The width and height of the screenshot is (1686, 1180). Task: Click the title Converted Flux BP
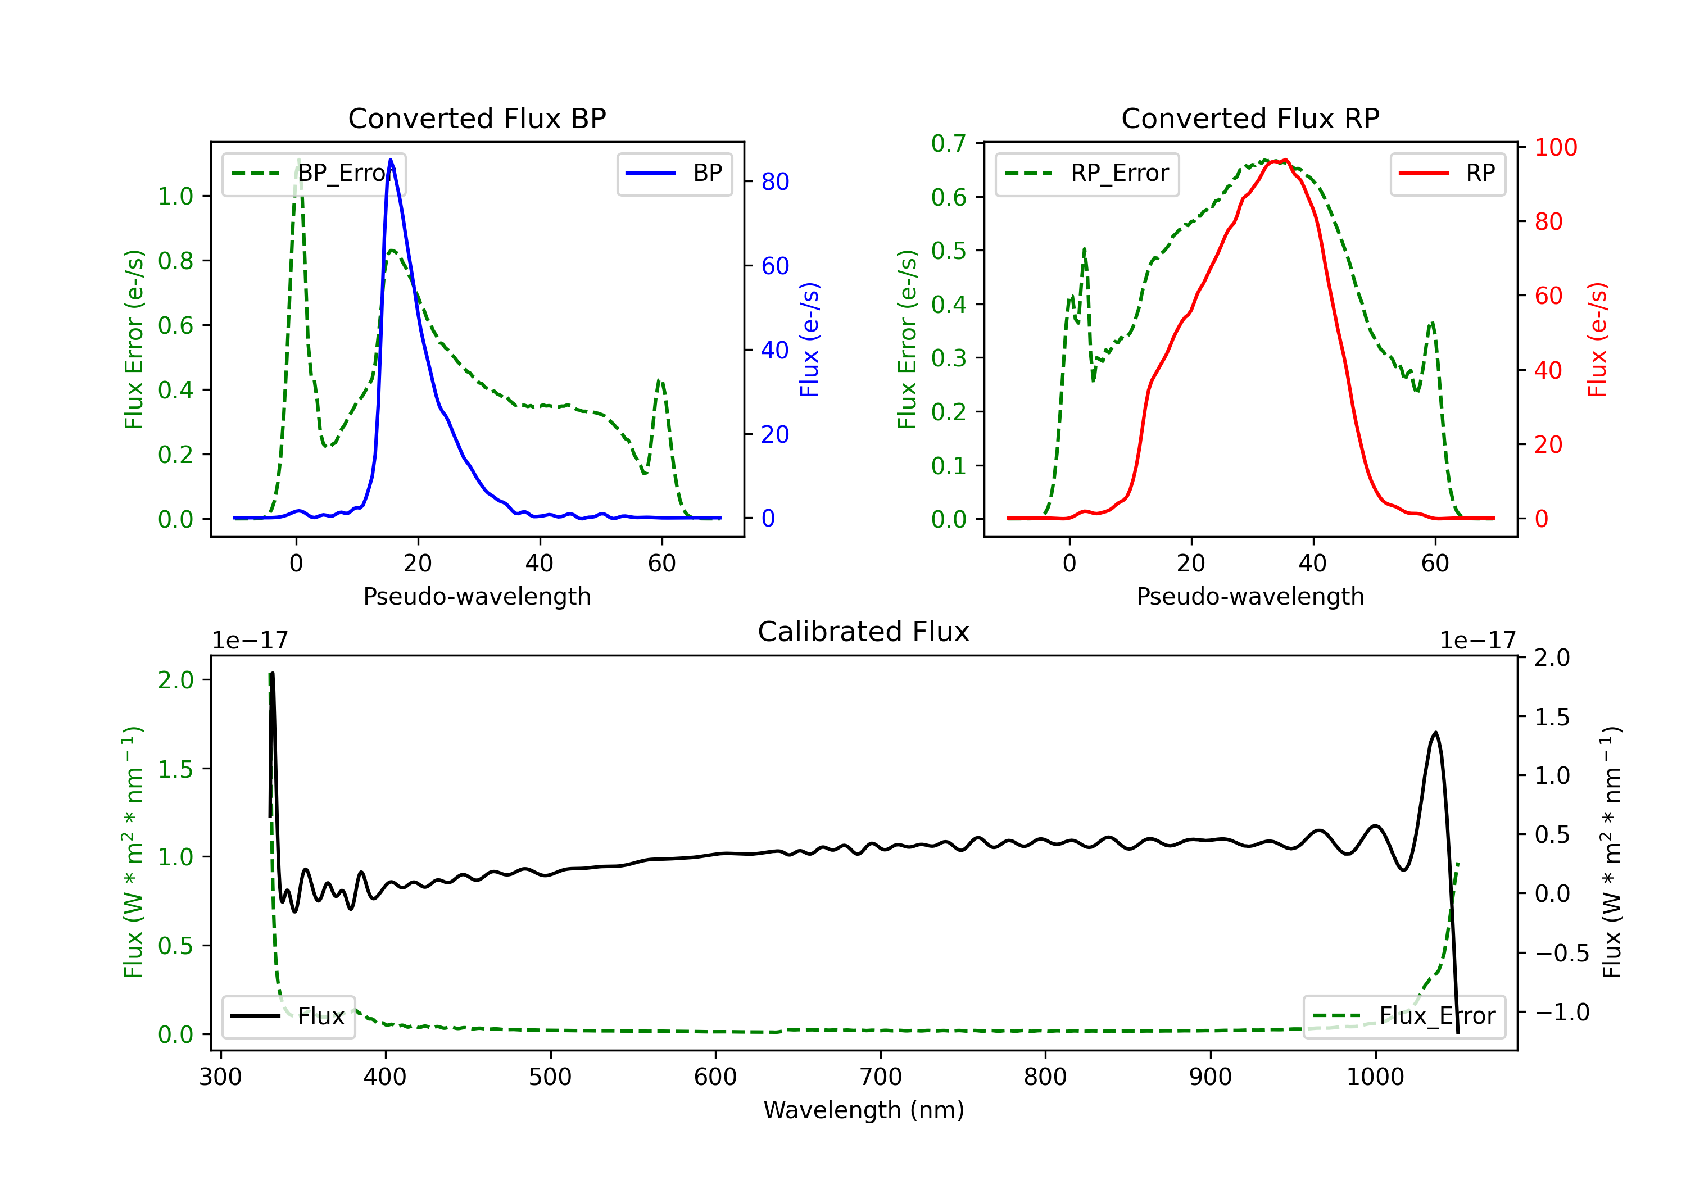477,118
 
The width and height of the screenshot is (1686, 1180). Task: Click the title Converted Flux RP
1250,118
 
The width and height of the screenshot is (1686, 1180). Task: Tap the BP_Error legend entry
314,174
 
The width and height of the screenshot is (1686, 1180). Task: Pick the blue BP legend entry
674,174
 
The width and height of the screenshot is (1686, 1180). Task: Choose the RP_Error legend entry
1087,174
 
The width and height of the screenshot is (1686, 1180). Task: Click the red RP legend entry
1447,174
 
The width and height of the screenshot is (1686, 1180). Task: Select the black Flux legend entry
288,1016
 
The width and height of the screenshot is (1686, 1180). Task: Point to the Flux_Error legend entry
1404,1016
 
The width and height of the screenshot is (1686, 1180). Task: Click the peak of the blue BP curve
391,160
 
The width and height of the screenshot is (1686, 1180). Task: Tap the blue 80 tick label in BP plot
774,181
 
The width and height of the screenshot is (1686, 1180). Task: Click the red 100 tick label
1555,148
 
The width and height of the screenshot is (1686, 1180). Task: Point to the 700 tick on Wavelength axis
881,1077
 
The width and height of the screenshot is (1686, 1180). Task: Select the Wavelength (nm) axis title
864,1110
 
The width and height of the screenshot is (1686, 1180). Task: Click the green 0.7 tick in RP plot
948,143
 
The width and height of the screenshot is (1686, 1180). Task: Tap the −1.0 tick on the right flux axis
1562,1013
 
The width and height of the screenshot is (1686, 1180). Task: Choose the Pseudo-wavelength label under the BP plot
477,596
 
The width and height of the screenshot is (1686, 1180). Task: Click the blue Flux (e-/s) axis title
809,339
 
